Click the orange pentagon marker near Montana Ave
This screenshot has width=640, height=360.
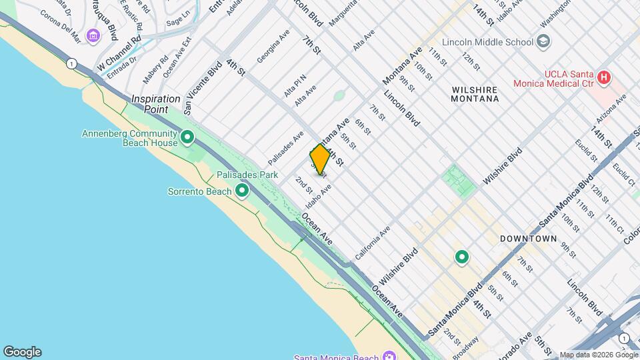click(319, 160)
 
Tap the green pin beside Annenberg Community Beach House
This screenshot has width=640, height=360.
click(188, 138)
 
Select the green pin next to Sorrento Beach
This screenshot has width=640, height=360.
click(242, 191)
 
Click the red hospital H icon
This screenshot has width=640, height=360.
click(604, 78)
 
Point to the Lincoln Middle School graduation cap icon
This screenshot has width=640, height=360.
click(544, 42)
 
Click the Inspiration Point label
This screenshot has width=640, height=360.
click(156, 99)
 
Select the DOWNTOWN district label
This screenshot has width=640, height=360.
click(529, 238)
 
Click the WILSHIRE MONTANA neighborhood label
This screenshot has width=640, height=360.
click(475, 93)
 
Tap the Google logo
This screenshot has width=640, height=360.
click(22, 352)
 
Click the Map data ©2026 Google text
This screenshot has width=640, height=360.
click(598, 355)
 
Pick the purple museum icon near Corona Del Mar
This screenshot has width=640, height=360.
click(93, 35)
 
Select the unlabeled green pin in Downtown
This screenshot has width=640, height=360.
click(461, 257)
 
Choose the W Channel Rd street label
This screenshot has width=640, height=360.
click(119, 53)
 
